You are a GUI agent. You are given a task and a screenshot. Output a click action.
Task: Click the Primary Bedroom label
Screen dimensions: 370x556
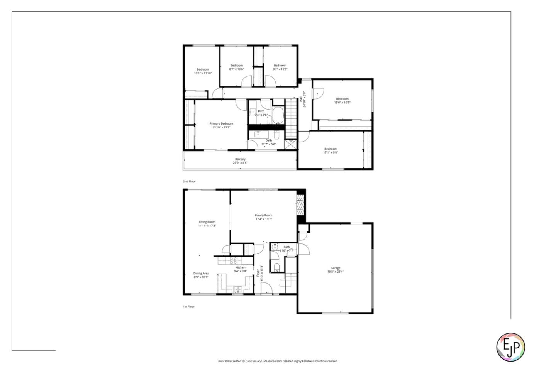(x=221, y=124)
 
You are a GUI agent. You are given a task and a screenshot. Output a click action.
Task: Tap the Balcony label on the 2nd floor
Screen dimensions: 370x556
(x=240, y=159)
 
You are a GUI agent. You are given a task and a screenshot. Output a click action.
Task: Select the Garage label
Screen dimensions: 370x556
(x=335, y=268)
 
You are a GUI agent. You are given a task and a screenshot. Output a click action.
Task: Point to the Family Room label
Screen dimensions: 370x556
(x=263, y=215)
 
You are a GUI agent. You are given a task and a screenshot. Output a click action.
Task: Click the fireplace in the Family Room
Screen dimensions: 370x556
(x=300, y=205)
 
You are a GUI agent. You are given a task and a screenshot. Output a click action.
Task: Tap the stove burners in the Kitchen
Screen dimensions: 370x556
(x=234, y=260)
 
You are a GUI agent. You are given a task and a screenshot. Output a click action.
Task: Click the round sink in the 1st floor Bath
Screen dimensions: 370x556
(x=274, y=247)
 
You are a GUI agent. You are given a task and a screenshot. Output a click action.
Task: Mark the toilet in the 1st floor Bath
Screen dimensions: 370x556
(x=276, y=266)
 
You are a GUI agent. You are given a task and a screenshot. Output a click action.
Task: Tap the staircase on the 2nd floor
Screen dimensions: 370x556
(x=290, y=118)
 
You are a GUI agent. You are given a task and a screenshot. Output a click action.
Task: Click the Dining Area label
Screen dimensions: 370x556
(x=201, y=274)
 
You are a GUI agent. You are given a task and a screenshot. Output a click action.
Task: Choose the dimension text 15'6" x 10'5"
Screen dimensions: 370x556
(x=342, y=103)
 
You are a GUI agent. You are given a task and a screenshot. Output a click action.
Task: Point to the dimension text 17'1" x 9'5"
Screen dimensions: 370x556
(x=331, y=152)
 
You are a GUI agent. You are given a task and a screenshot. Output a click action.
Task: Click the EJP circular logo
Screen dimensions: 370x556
(x=510, y=347)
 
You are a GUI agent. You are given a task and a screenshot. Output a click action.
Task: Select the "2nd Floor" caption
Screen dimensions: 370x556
(x=189, y=181)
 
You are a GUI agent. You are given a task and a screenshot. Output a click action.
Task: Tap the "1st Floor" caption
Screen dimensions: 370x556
(x=189, y=307)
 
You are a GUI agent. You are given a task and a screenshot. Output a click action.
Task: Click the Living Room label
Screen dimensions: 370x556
(x=207, y=222)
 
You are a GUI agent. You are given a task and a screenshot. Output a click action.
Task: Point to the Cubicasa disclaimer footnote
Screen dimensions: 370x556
(x=278, y=361)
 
